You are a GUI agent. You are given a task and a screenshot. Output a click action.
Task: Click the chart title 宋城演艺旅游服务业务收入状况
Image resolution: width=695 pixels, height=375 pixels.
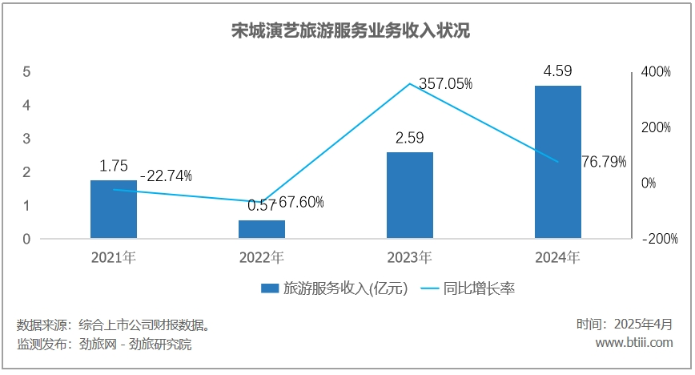pos(348,31)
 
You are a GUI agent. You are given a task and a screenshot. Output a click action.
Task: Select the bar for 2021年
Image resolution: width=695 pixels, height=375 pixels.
pos(113,209)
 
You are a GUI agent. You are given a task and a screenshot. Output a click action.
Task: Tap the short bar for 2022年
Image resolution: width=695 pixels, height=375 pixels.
pos(262,229)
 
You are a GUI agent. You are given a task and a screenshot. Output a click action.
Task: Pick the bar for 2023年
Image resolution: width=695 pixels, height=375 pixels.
pos(410,195)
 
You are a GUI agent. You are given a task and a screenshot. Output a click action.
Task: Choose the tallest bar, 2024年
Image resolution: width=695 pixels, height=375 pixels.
pos(558,161)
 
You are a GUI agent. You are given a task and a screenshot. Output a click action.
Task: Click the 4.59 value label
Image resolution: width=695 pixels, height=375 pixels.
pos(557,71)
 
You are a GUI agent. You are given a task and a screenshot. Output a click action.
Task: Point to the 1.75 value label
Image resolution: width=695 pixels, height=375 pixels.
pos(113,167)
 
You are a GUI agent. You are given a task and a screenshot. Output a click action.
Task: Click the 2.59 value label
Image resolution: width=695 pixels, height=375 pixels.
pos(409,138)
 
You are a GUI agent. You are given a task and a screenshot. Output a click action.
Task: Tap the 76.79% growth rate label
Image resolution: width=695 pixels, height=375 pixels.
pos(604,161)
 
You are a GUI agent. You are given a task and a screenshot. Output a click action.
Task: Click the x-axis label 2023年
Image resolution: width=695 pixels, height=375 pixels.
pos(410,258)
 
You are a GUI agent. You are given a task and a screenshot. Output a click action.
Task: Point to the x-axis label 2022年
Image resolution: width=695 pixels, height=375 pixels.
pos(262,258)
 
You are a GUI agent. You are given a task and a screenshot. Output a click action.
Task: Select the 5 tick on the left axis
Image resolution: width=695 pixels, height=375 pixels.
pos(26,71)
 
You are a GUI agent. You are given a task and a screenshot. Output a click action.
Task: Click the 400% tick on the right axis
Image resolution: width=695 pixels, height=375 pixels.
pos(654,71)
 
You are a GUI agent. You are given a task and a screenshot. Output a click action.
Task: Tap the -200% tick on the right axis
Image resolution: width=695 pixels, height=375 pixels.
pos(658,239)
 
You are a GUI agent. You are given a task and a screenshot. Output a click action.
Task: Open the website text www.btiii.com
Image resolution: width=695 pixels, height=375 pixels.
pos(634,343)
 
